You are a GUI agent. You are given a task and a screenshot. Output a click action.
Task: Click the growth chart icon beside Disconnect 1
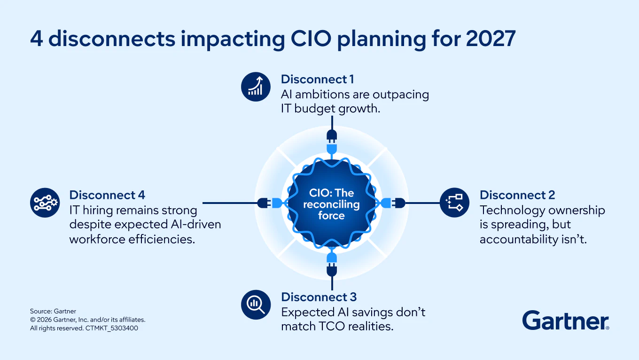(x=256, y=87)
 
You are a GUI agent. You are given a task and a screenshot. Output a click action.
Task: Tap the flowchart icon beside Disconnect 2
(x=454, y=203)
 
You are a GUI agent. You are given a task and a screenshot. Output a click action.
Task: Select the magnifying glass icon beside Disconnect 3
(x=256, y=305)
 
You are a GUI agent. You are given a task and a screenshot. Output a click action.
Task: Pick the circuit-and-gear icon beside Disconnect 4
(x=45, y=203)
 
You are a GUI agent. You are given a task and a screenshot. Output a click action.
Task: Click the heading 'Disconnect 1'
(x=317, y=79)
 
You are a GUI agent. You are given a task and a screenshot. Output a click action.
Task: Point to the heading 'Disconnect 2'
(x=517, y=195)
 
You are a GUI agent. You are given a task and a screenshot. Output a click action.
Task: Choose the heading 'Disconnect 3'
(x=319, y=297)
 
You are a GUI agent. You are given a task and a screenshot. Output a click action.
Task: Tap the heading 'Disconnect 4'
(x=107, y=195)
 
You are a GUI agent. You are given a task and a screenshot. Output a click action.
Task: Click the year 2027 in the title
(x=491, y=39)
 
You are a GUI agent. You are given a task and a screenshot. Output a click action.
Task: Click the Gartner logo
(x=566, y=321)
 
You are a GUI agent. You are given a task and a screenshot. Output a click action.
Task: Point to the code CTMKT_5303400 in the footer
(x=111, y=328)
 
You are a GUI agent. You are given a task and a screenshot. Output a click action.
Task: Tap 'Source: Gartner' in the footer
(x=53, y=311)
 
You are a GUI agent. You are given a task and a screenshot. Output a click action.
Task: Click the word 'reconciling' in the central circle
(x=331, y=204)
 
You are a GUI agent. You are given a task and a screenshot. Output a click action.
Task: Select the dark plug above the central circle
(x=332, y=136)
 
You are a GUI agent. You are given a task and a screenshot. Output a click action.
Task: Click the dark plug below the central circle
(x=332, y=270)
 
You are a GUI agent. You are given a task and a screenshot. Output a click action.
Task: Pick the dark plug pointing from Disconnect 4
(x=264, y=203)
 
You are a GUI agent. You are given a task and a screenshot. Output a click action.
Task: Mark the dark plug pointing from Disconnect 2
(x=399, y=203)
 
